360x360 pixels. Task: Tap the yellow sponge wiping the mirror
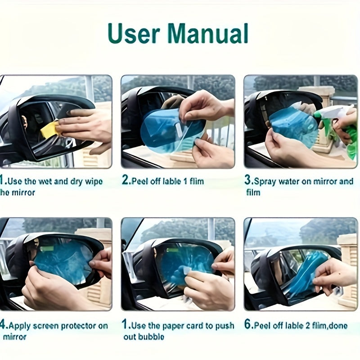point(49,130)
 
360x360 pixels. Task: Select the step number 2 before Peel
point(126,181)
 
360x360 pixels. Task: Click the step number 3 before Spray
point(248,181)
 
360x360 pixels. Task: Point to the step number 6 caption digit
point(248,325)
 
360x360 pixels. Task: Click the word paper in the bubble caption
point(176,326)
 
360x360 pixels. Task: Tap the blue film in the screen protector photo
point(63,261)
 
